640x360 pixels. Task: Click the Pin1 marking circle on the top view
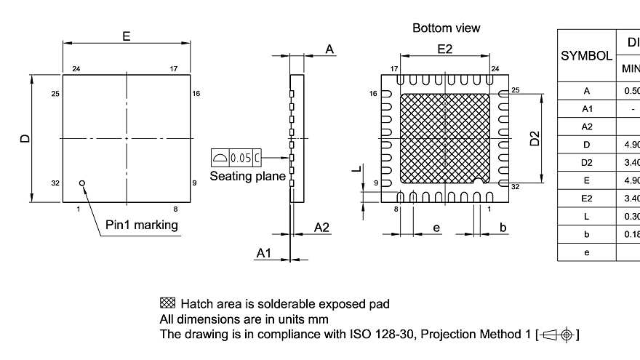tap(82, 183)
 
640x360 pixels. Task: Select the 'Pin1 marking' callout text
tap(142, 225)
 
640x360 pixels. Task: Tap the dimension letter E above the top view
tap(127, 36)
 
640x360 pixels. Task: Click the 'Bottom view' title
tap(446, 28)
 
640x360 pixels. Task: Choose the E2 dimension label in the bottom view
tap(445, 49)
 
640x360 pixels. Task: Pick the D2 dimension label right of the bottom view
tap(535, 138)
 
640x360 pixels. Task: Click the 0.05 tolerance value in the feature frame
tap(240, 157)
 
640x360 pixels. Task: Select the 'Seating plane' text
tap(247, 176)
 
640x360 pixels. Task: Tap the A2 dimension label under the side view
tap(322, 228)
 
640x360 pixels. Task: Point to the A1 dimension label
tap(264, 252)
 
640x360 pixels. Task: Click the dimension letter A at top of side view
tap(329, 49)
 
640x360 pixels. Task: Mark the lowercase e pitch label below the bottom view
tap(436, 228)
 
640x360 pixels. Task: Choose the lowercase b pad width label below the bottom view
tap(503, 228)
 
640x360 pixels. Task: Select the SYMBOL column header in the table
tap(586, 55)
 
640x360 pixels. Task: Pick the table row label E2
tap(586, 198)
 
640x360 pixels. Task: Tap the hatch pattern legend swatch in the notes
tap(167, 303)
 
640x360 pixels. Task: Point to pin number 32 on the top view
tap(55, 183)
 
